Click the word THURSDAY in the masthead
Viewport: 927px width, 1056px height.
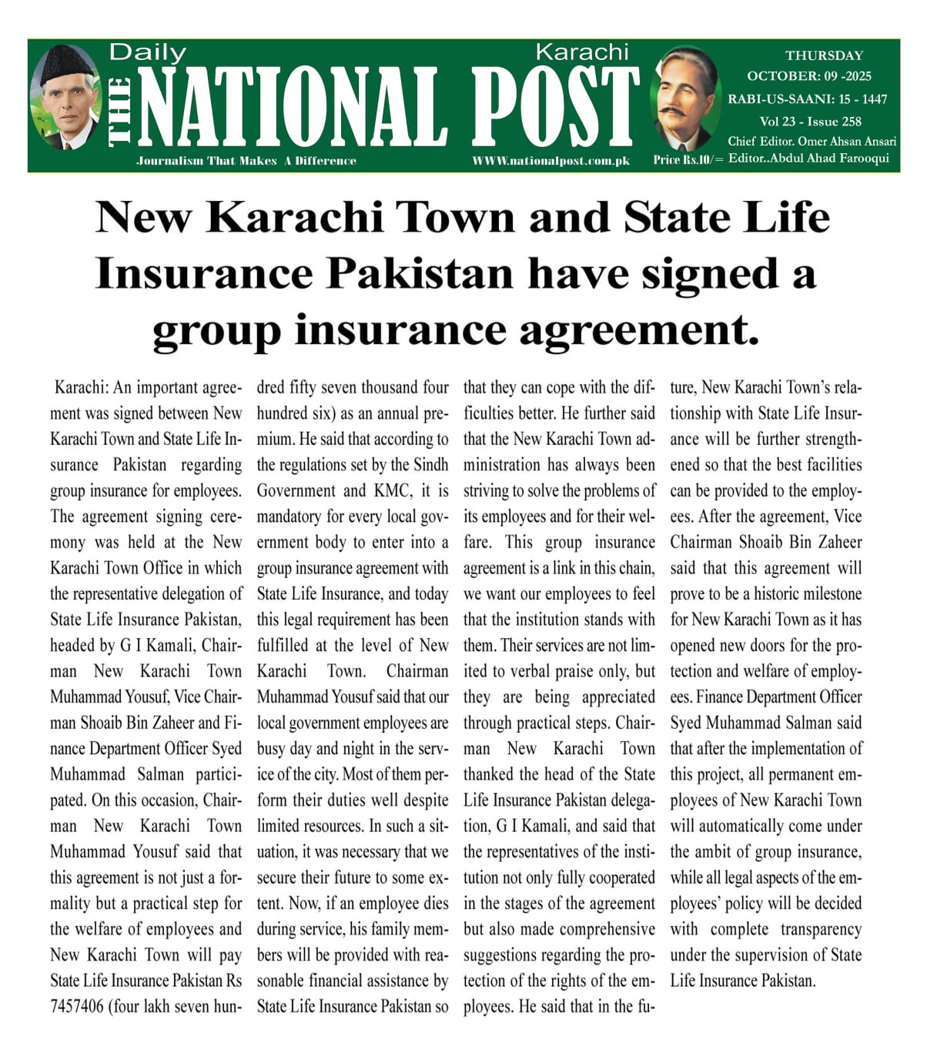coord(824,55)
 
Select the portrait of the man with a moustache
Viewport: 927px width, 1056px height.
coord(684,99)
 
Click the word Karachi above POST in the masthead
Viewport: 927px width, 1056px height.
coord(581,52)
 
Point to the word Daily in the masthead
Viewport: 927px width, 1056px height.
coord(148,52)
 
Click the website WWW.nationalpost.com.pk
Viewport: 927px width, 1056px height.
coord(551,161)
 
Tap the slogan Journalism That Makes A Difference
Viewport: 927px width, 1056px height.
coord(246,161)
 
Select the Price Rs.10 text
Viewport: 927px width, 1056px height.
coord(688,159)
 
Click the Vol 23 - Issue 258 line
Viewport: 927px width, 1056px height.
coord(810,121)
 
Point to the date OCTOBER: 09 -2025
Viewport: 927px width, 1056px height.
coord(808,76)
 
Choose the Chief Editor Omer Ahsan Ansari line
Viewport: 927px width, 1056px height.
coord(812,141)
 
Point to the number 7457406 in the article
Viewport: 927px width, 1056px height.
coord(77,1007)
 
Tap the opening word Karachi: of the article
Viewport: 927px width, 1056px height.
coord(82,388)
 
